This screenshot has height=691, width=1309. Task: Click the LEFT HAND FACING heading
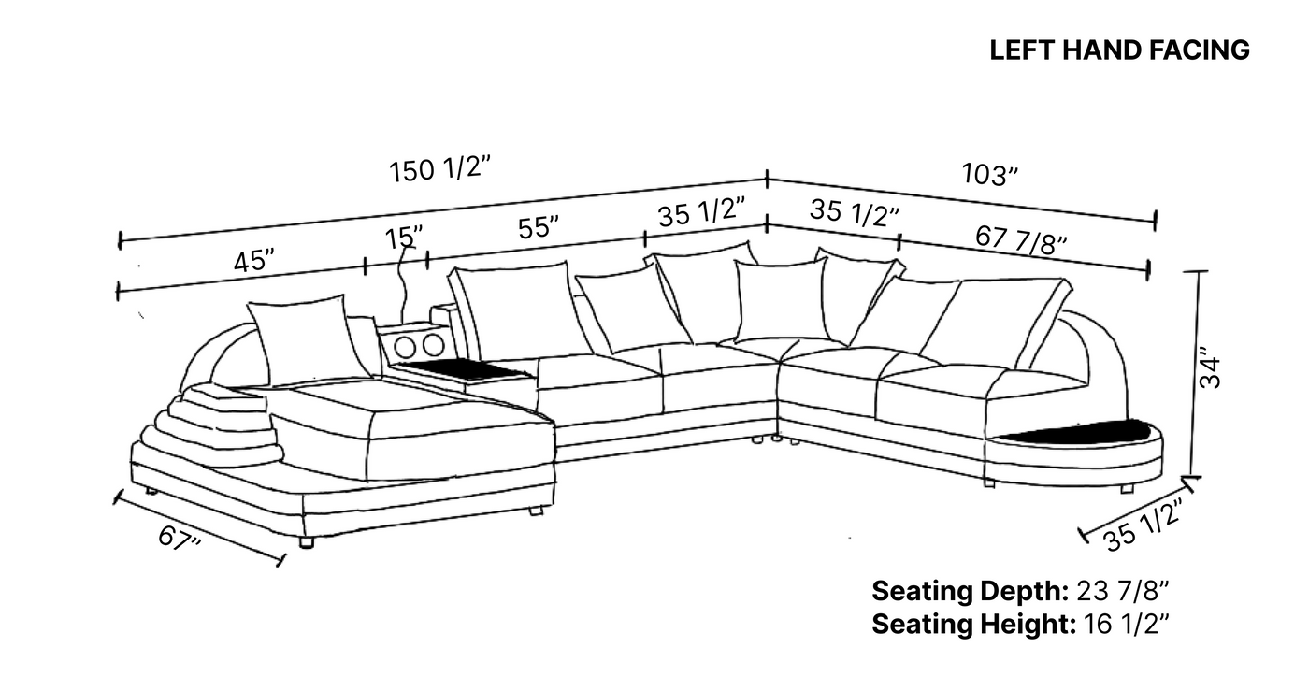tap(1120, 50)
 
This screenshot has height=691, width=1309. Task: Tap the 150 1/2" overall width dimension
tap(439, 169)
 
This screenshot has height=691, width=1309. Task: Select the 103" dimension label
tap(990, 174)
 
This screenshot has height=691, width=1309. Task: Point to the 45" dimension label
tap(254, 261)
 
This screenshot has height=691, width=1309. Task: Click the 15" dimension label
tap(404, 238)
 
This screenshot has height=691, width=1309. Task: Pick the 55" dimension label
tap(539, 227)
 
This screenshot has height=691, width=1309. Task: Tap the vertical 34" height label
tap(1210, 368)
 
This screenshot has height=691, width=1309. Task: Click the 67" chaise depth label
tap(180, 539)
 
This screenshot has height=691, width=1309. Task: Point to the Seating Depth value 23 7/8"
tap(1123, 592)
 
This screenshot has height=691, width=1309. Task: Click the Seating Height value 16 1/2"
tap(1128, 625)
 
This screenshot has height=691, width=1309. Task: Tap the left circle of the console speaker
tap(405, 347)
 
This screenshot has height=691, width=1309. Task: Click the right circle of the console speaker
tap(434, 346)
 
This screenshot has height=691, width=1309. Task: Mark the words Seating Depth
tap(971, 592)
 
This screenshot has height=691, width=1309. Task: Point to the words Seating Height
tap(973, 625)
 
